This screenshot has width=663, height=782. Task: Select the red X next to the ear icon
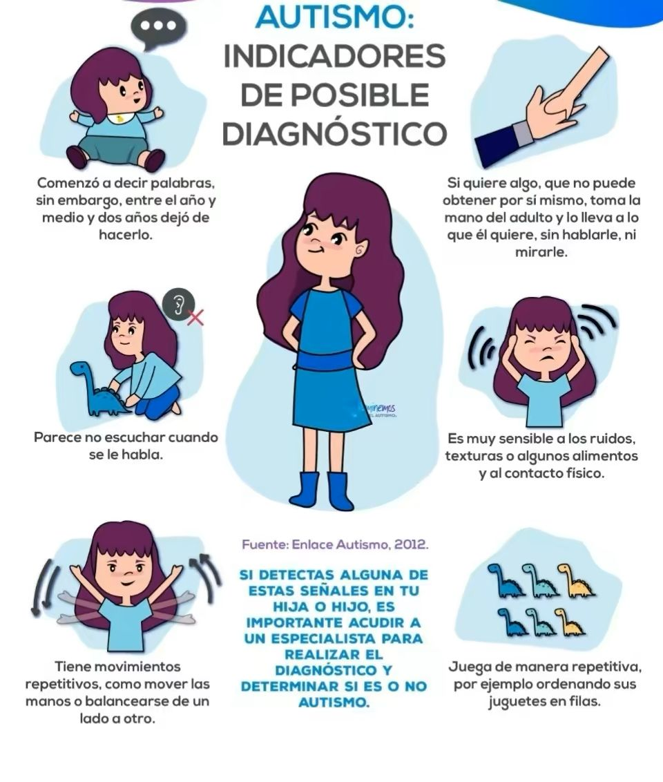[195, 316]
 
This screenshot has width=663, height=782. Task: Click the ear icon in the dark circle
[178, 304]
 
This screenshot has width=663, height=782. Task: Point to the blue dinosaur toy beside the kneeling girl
[99, 388]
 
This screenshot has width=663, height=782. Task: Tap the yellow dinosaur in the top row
[576, 580]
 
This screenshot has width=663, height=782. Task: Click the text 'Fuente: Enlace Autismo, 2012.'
[335, 544]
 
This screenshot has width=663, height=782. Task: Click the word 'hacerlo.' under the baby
[125, 234]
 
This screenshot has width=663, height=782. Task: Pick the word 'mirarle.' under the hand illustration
[541, 252]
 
